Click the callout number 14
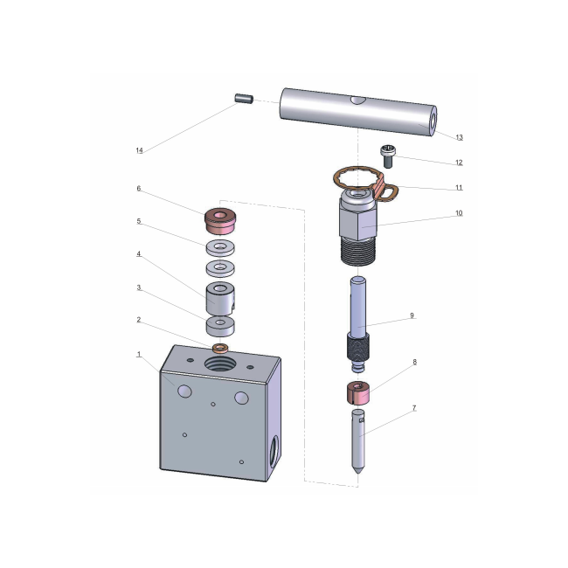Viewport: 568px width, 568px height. click(x=139, y=151)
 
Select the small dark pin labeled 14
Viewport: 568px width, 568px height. click(x=244, y=99)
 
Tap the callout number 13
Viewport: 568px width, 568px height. click(x=460, y=137)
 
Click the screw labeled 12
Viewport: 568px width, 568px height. click(x=389, y=156)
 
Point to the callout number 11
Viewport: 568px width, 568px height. click(x=459, y=187)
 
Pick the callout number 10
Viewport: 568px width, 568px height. click(x=459, y=213)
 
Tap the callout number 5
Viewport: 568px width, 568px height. click(x=138, y=222)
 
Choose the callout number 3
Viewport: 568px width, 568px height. click(x=138, y=287)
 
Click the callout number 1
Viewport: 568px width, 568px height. click(x=138, y=354)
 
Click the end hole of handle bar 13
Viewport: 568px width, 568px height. click(x=433, y=117)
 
